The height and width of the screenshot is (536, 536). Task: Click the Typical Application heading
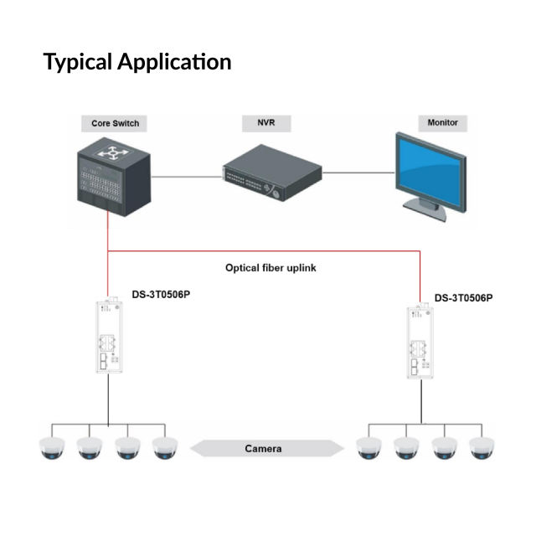[x=137, y=62]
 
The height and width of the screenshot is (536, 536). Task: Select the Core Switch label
[x=115, y=123]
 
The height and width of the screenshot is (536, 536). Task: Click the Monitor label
[x=442, y=122]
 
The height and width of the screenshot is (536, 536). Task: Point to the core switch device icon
[x=109, y=176]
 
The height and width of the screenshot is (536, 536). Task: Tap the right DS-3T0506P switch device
[x=418, y=343]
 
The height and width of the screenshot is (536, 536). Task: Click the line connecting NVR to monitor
[x=358, y=173]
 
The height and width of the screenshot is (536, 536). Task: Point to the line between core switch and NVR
[x=184, y=176]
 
